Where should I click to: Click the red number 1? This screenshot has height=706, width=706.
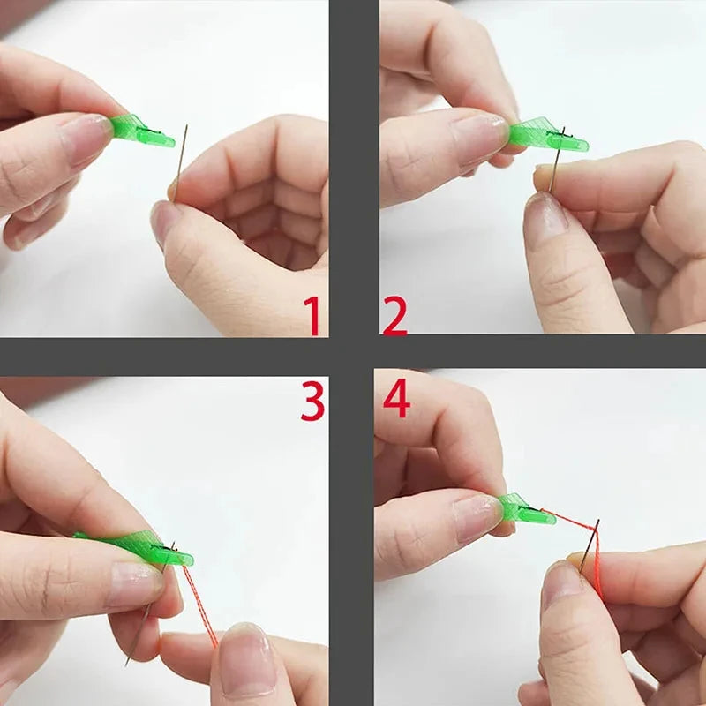[x=312, y=316]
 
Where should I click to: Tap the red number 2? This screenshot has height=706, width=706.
[x=394, y=316]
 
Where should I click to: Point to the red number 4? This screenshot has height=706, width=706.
[x=396, y=400]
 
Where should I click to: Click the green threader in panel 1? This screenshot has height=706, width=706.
[x=141, y=131]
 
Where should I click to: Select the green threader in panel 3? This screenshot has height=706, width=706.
[x=141, y=547]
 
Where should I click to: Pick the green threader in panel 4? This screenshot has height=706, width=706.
[x=526, y=510]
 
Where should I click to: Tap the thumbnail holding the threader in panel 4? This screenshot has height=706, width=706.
[x=477, y=517]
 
